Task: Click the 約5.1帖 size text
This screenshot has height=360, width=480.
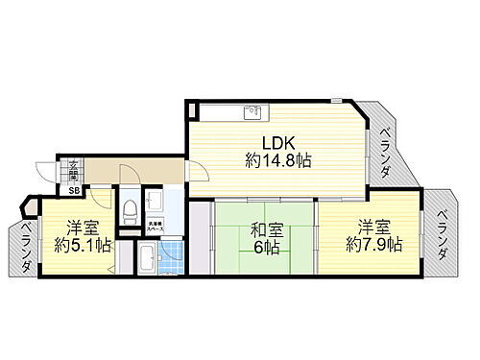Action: click(x=83, y=246)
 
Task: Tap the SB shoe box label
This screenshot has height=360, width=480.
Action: click(x=73, y=190)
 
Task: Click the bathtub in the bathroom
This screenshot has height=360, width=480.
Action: click(x=148, y=258)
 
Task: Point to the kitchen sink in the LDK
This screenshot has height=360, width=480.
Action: click(x=254, y=111)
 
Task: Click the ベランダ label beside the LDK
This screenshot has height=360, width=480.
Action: click(x=383, y=153)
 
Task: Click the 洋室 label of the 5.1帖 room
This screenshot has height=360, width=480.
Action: click(x=83, y=228)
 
